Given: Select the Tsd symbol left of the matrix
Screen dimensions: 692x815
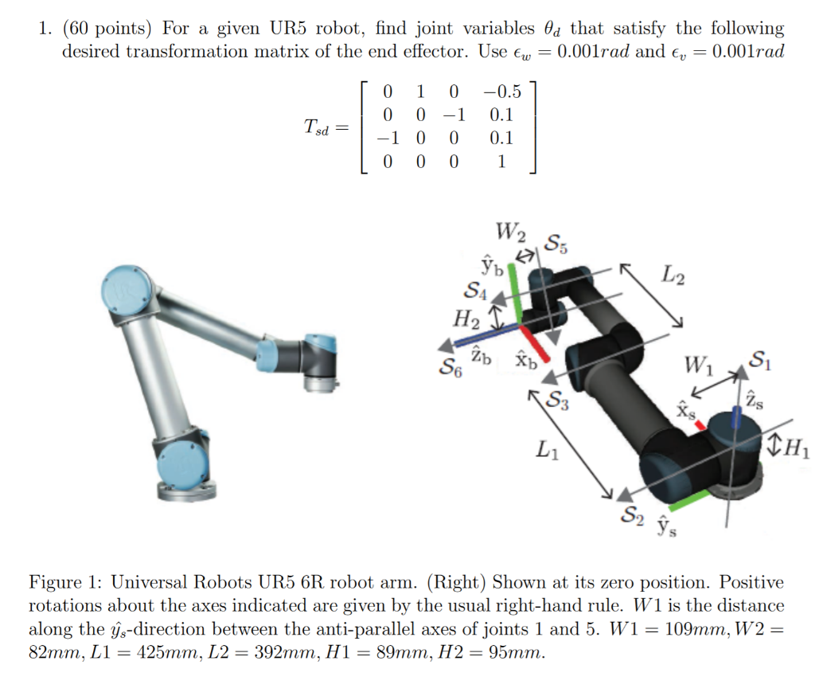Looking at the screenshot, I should [317, 127].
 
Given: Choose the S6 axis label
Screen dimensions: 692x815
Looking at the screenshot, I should [450, 368].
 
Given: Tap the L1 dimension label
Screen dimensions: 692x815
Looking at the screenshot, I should [546, 452].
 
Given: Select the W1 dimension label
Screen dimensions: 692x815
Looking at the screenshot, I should [700, 368].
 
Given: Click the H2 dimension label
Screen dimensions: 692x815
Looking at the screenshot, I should [466, 321].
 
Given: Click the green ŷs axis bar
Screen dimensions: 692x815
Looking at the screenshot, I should [691, 499].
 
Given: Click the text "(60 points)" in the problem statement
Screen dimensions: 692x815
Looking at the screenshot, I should [107, 29].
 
